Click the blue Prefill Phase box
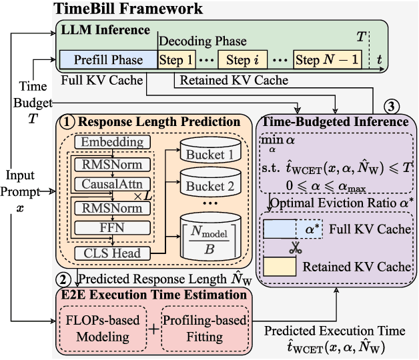coord(108,60)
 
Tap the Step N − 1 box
coord(327,60)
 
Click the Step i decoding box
coord(242,60)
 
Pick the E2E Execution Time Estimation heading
coord(154,294)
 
